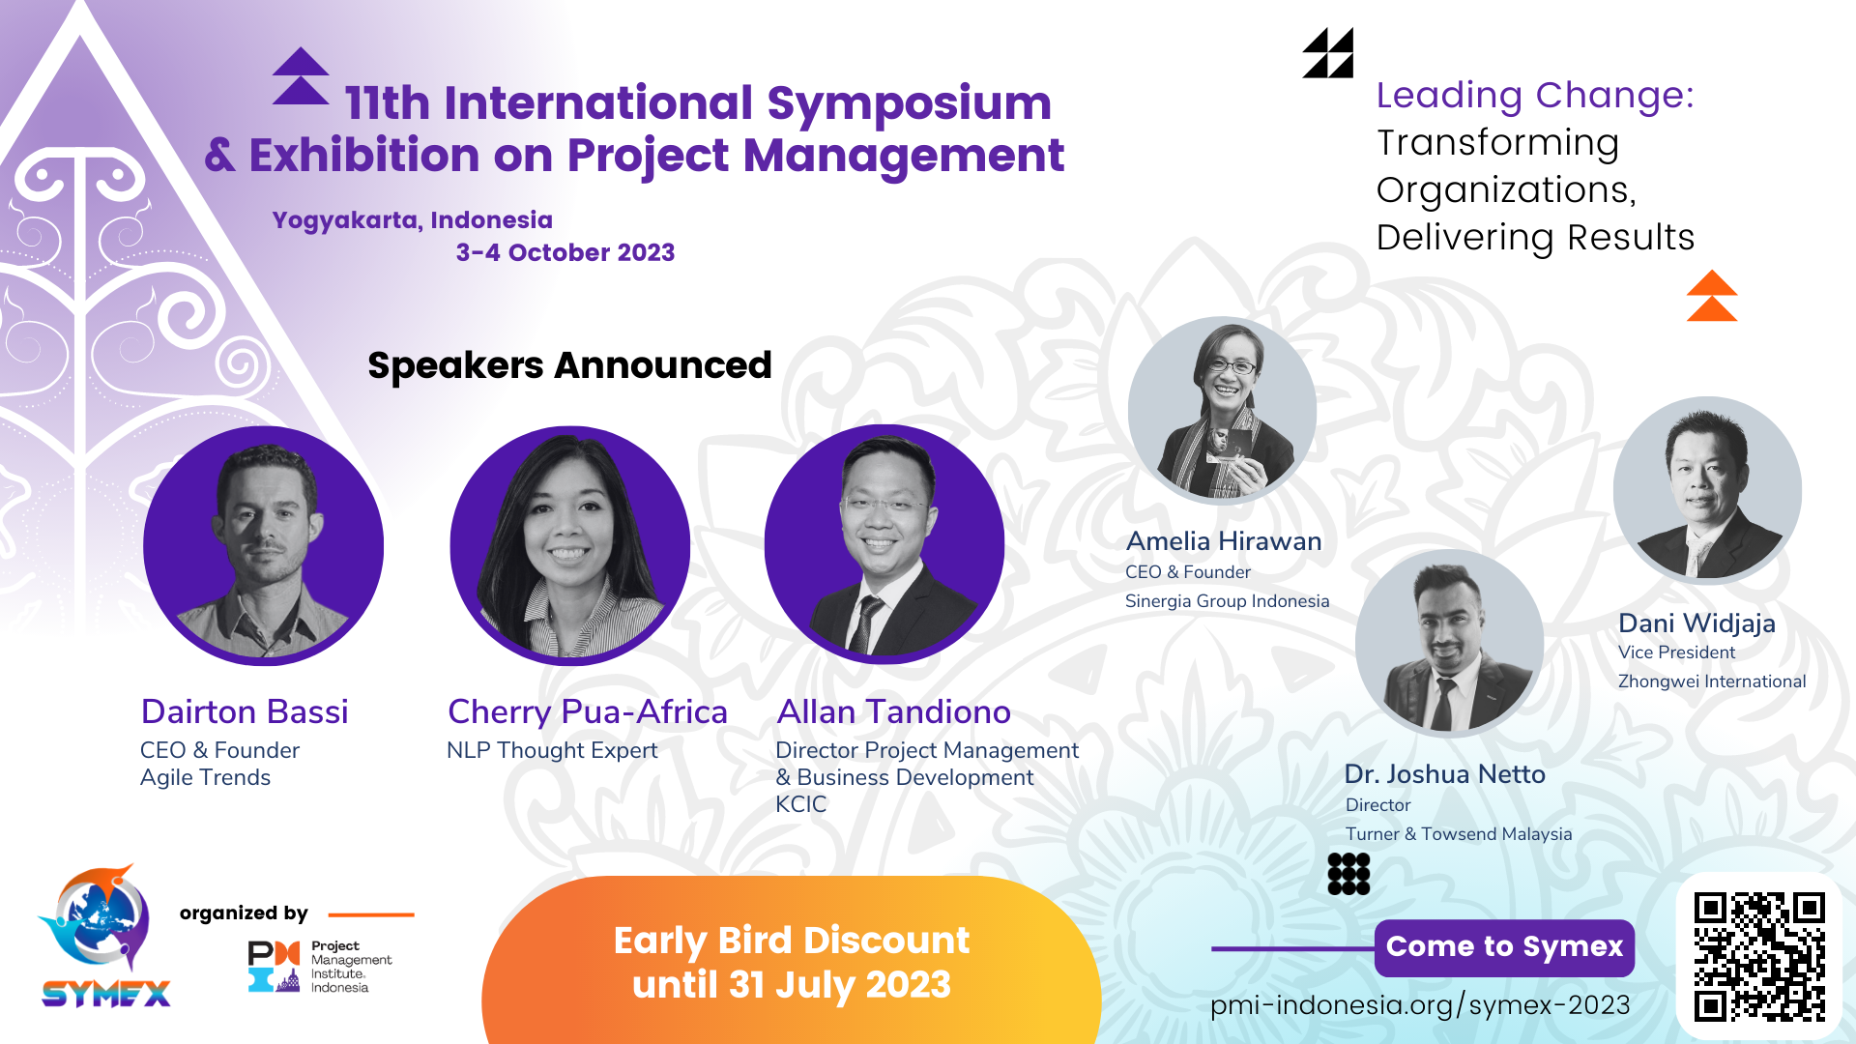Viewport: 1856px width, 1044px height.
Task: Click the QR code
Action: (x=1759, y=956)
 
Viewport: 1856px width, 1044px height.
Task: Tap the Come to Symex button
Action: (x=1504, y=947)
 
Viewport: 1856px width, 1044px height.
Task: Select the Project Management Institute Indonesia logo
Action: (x=320, y=966)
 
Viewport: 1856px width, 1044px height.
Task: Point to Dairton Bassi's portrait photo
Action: (x=263, y=545)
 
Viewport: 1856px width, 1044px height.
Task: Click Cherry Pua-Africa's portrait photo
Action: (x=570, y=545)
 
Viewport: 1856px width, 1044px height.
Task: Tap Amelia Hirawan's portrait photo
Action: (x=1222, y=411)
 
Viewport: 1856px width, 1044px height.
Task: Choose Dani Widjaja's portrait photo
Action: (x=1707, y=490)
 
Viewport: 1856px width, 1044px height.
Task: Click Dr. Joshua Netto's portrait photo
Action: (x=1449, y=643)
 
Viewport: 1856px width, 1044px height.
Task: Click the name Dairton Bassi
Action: (x=245, y=711)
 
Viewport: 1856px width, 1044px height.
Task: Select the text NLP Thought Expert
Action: (x=552, y=750)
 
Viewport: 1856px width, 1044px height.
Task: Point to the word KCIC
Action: (x=801, y=804)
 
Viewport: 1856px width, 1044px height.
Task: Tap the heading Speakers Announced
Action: (x=569, y=365)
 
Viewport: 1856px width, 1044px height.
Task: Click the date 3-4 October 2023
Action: (x=565, y=252)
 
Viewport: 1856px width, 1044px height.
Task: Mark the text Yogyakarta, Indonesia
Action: (x=413, y=220)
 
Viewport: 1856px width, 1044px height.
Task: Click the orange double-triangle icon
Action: (x=1712, y=296)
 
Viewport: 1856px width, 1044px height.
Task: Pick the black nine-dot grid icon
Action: (x=1348, y=874)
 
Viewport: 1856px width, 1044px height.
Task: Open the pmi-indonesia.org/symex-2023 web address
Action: (x=1420, y=1005)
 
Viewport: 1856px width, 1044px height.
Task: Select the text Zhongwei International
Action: (x=1712, y=681)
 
